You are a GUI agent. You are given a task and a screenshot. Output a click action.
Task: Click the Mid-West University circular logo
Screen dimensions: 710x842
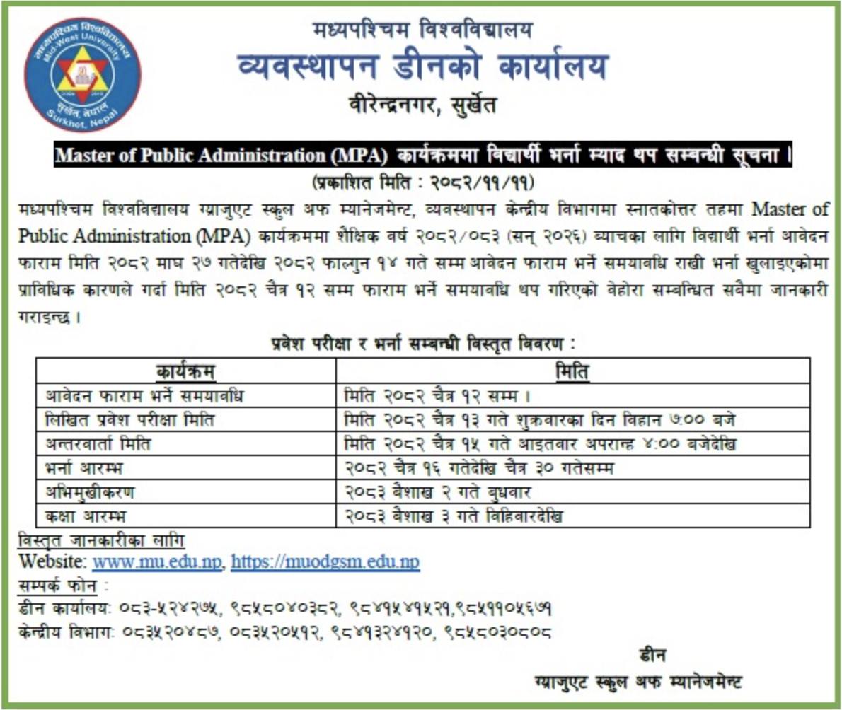coord(83,75)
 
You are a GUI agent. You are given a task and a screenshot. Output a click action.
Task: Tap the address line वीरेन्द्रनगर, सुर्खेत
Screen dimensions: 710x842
coord(423,106)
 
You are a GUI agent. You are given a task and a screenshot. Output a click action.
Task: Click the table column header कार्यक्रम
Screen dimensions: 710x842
coord(185,371)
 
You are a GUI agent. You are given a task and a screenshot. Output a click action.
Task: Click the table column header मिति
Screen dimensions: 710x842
coord(572,371)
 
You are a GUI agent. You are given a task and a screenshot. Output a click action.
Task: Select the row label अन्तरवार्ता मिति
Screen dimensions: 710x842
coord(98,443)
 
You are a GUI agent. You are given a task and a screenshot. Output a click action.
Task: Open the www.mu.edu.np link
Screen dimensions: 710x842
coord(158,562)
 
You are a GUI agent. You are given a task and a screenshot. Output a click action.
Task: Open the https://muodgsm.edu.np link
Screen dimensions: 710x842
coord(325,562)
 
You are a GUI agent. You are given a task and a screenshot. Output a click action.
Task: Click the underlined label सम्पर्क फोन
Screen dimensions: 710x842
coord(59,585)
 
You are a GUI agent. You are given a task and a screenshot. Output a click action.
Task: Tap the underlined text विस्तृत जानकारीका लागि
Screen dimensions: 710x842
coord(100,541)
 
